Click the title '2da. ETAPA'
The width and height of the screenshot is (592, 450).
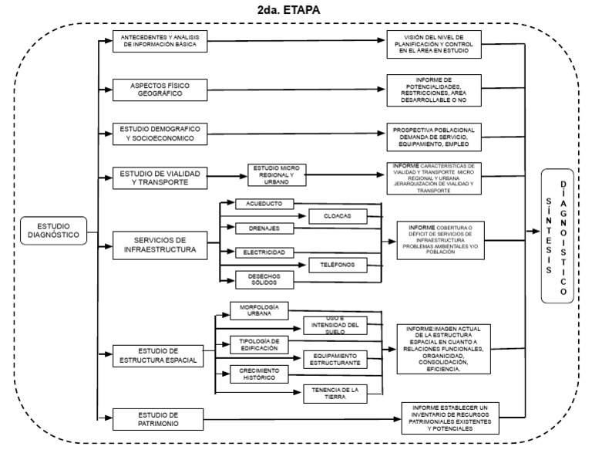click(295, 10)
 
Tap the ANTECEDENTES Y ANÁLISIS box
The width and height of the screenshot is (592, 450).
click(158, 42)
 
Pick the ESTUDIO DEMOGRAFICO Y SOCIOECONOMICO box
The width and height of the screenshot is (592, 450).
click(158, 133)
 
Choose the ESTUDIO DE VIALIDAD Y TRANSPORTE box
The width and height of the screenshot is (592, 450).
click(158, 178)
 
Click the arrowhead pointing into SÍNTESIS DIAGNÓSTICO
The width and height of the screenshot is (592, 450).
click(536, 231)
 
